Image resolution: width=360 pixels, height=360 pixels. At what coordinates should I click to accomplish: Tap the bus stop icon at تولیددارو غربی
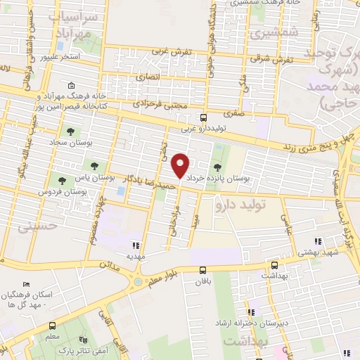203,117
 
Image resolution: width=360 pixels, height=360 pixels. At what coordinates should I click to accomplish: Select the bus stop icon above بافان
203,269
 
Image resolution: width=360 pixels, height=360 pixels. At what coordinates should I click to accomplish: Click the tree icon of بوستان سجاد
70,131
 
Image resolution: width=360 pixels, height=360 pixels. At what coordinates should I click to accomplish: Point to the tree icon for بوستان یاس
94,167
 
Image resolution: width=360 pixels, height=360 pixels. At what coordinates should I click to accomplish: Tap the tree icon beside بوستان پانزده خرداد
217,167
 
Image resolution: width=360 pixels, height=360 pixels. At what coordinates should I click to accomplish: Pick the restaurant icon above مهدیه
136,245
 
